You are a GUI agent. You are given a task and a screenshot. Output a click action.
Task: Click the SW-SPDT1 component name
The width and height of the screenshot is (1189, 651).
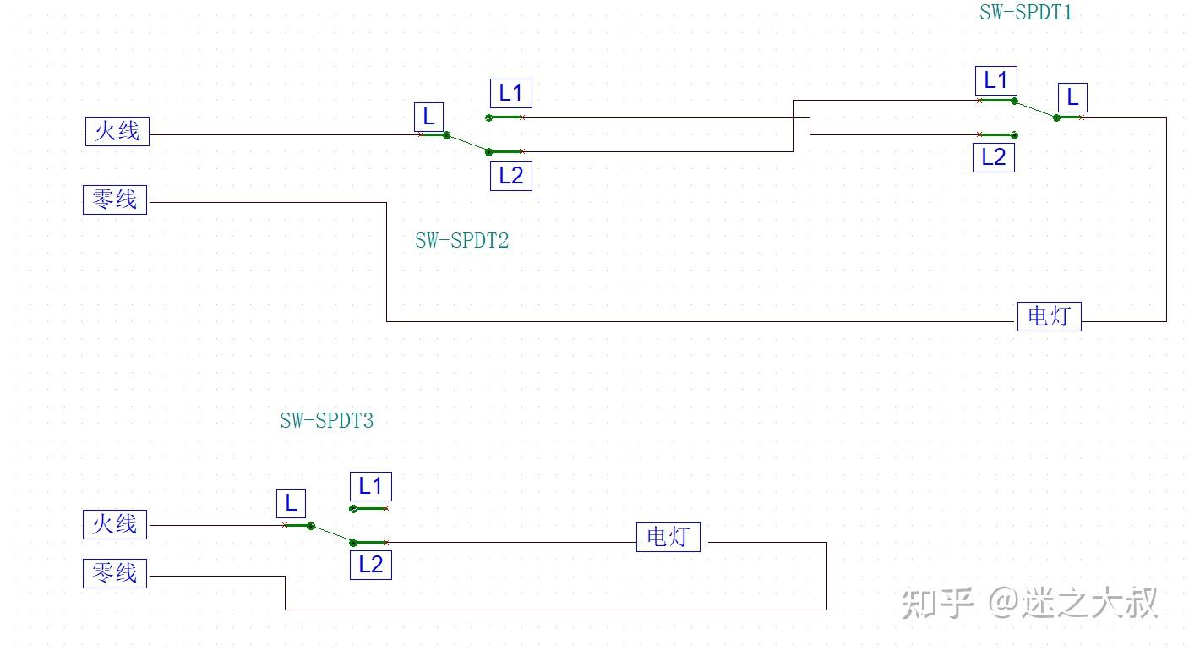pyautogui.click(x=1025, y=13)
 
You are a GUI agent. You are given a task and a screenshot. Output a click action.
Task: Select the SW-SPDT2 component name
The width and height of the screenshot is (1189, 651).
pyautogui.click(x=461, y=240)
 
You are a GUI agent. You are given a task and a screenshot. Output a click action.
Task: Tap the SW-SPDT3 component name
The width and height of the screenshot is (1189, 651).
pyautogui.click(x=326, y=420)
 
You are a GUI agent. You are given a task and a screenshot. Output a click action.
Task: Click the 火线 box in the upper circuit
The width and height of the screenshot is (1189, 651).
pyautogui.click(x=117, y=131)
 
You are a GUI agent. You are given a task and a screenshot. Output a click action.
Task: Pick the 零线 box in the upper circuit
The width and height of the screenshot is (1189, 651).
pyautogui.click(x=114, y=200)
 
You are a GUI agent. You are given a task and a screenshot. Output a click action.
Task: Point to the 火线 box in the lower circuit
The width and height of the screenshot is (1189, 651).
pyautogui.click(x=114, y=524)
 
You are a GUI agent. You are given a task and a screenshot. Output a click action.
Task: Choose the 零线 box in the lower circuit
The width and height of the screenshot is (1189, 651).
pyautogui.click(x=114, y=573)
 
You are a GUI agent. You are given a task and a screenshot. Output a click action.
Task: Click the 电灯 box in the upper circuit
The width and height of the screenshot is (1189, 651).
pyautogui.click(x=1049, y=316)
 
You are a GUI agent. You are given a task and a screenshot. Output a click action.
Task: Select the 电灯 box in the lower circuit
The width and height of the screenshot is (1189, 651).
pyautogui.click(x=668, y=536)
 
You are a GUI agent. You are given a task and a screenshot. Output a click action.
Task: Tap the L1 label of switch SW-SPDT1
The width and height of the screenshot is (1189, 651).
pyautogui.click(x=995, y=80)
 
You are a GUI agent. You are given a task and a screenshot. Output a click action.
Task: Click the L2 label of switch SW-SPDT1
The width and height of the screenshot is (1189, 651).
pyautogui.click(x=993, y=157)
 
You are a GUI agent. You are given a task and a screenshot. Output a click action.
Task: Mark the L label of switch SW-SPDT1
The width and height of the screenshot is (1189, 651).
pyautogui.click(x=1072, y=97)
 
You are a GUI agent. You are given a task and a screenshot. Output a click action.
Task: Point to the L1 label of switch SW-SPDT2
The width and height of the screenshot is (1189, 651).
pyautogui.click(x=510, y=93)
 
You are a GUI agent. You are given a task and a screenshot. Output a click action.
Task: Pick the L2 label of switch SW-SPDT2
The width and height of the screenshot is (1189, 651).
pyautogui.click(x=510, y=176)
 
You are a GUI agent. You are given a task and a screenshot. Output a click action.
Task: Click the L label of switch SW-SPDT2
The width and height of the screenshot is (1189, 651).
pyautogui.click(x=428, y=117)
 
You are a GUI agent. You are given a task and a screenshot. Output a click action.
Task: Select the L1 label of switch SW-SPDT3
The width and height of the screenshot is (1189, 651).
pyautogui.click(x=370, y=486)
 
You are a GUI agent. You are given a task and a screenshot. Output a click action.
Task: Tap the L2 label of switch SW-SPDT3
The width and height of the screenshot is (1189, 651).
pyautogui.click(x=370, y=565)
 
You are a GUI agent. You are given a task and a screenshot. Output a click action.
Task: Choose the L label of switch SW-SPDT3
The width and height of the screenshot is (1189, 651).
pyautogui.click(x=291, y=504)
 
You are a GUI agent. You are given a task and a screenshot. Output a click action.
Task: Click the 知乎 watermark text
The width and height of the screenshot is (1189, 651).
pyautogui.click(x=936, y=603)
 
